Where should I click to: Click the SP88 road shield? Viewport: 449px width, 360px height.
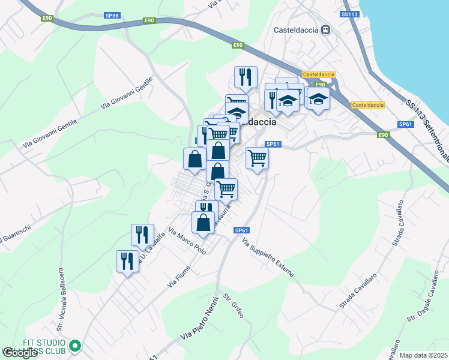pos(112,16)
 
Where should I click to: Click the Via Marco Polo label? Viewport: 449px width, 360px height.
pos(187,241)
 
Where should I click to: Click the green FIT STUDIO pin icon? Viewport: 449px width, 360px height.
pos(75,346)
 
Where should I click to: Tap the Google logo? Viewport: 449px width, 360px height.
pos(19,353)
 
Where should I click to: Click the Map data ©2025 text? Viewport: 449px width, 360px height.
pos(424,355)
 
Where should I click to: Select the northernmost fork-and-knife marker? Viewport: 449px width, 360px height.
pos(245,77)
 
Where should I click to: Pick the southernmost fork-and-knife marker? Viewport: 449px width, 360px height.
pos(127,262)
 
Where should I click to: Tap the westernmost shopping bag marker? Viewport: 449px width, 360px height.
pos(194,159)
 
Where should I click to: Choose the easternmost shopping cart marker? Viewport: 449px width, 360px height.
pos(257,158)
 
